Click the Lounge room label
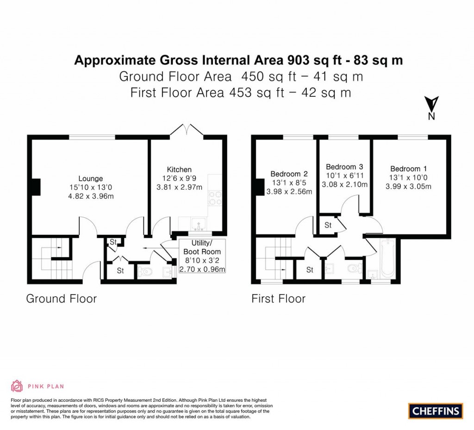[90, 178]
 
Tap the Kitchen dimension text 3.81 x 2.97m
[179, 187]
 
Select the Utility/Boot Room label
[202, 247]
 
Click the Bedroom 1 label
[405, 169]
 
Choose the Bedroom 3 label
[344, 167]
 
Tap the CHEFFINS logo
[436, 410]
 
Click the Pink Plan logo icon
[17, 386]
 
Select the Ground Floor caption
[61, 298]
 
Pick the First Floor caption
[278, 298]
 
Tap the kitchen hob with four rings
[215, 198]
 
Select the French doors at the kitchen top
[187, 130]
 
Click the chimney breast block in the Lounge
[35, 187]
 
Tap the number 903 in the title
[301, 60]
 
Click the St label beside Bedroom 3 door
[328, 225]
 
